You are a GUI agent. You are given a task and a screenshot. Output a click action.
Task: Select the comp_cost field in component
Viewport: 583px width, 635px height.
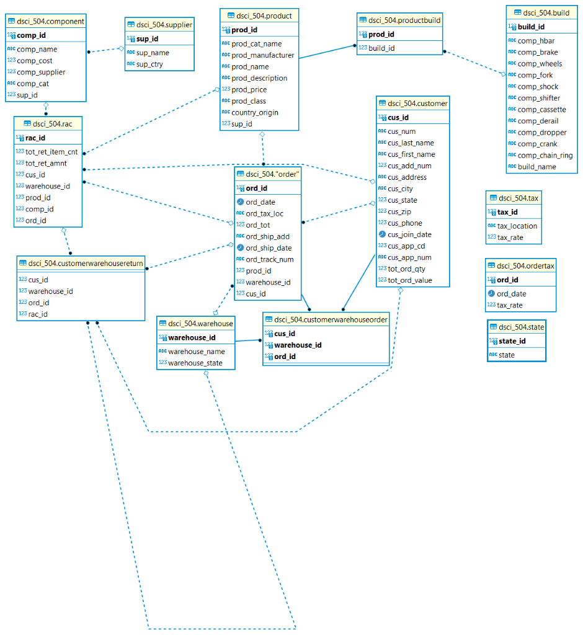(x=35, y=61)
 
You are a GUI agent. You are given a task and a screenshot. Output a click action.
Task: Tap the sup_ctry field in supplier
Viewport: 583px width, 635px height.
(x=149, y=64)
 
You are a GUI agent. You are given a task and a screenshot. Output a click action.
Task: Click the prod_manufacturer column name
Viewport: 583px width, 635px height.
(x=262, y=55)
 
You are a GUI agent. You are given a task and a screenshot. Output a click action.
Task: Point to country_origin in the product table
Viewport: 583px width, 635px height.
(x=254, y=112)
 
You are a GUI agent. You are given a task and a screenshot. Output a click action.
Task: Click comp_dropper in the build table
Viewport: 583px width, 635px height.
(x=542, y=132)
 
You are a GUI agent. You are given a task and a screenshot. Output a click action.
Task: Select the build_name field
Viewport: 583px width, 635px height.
(x=537, y=166)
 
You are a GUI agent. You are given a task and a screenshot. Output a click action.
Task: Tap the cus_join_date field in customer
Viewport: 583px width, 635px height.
(x=409, y=234)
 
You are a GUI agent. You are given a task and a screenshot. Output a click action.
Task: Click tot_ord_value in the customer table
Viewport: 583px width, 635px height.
(x=410, y=280)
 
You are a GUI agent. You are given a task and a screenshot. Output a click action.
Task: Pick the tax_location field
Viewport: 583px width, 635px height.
(x=517, y=226)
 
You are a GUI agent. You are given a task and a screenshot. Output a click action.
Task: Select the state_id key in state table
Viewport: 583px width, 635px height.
(x=512, y=341)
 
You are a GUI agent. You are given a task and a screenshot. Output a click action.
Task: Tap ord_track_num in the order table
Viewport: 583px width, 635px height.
(x=270, y=259)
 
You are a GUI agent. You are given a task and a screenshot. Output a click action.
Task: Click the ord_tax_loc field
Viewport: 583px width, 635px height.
(x=265, y=213)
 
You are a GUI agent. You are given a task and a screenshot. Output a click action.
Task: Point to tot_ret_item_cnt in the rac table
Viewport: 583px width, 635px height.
(x=51, y=152)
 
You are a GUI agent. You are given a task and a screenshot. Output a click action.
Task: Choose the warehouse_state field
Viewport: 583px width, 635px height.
(x=195, y=363)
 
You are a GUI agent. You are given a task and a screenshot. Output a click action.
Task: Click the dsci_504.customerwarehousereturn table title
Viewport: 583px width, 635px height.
(x=86, y=264)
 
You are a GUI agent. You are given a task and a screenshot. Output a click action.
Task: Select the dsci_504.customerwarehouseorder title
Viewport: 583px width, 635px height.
(x=331, y=319)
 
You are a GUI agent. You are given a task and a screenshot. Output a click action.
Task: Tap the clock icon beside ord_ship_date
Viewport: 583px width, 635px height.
(x=241, y=248)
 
